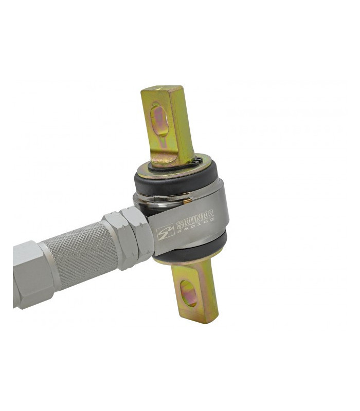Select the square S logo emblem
click(x=165, y=232)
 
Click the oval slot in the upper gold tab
click(x=159, y=119)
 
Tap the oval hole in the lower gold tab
click(x=188, y=293)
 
